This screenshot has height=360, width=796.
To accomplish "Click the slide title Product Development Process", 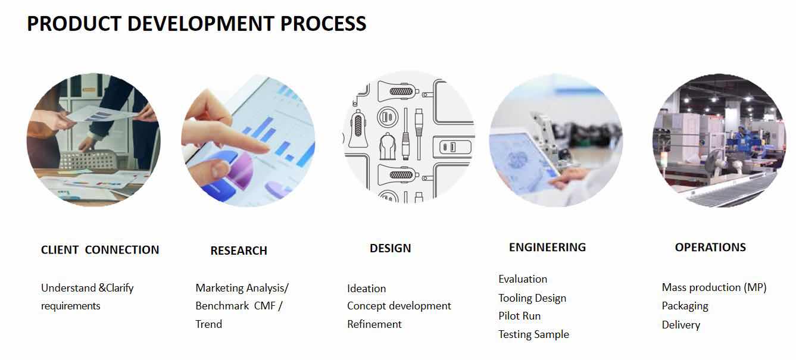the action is [196, 24].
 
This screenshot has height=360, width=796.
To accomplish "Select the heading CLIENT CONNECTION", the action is [100, 249].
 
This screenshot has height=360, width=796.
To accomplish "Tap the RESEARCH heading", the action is [239, 251].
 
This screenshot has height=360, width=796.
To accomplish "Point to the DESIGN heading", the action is [390, 248].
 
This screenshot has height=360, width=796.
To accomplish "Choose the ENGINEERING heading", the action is [547, 247].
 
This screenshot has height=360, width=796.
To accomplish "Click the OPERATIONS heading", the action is [710, 247].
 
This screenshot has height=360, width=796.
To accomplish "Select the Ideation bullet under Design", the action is [366, 288].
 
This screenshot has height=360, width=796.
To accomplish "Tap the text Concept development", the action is [399, 306].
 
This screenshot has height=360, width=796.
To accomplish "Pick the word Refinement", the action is [374, 324].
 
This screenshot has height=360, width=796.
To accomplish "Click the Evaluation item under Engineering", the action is [523, 278].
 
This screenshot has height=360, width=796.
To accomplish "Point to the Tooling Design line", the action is [532, 298].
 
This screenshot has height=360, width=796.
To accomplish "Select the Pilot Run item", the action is [519, 315].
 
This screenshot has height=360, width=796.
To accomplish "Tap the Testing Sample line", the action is [533, 334].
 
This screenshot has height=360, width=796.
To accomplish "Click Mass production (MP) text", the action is [714, 287].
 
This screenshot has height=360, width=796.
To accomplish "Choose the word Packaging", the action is [685, 306].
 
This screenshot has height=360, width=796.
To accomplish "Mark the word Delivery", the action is [681, 324].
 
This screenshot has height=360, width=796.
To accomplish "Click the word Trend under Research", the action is [208, 324].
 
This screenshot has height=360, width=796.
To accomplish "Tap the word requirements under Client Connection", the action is [71, 306].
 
